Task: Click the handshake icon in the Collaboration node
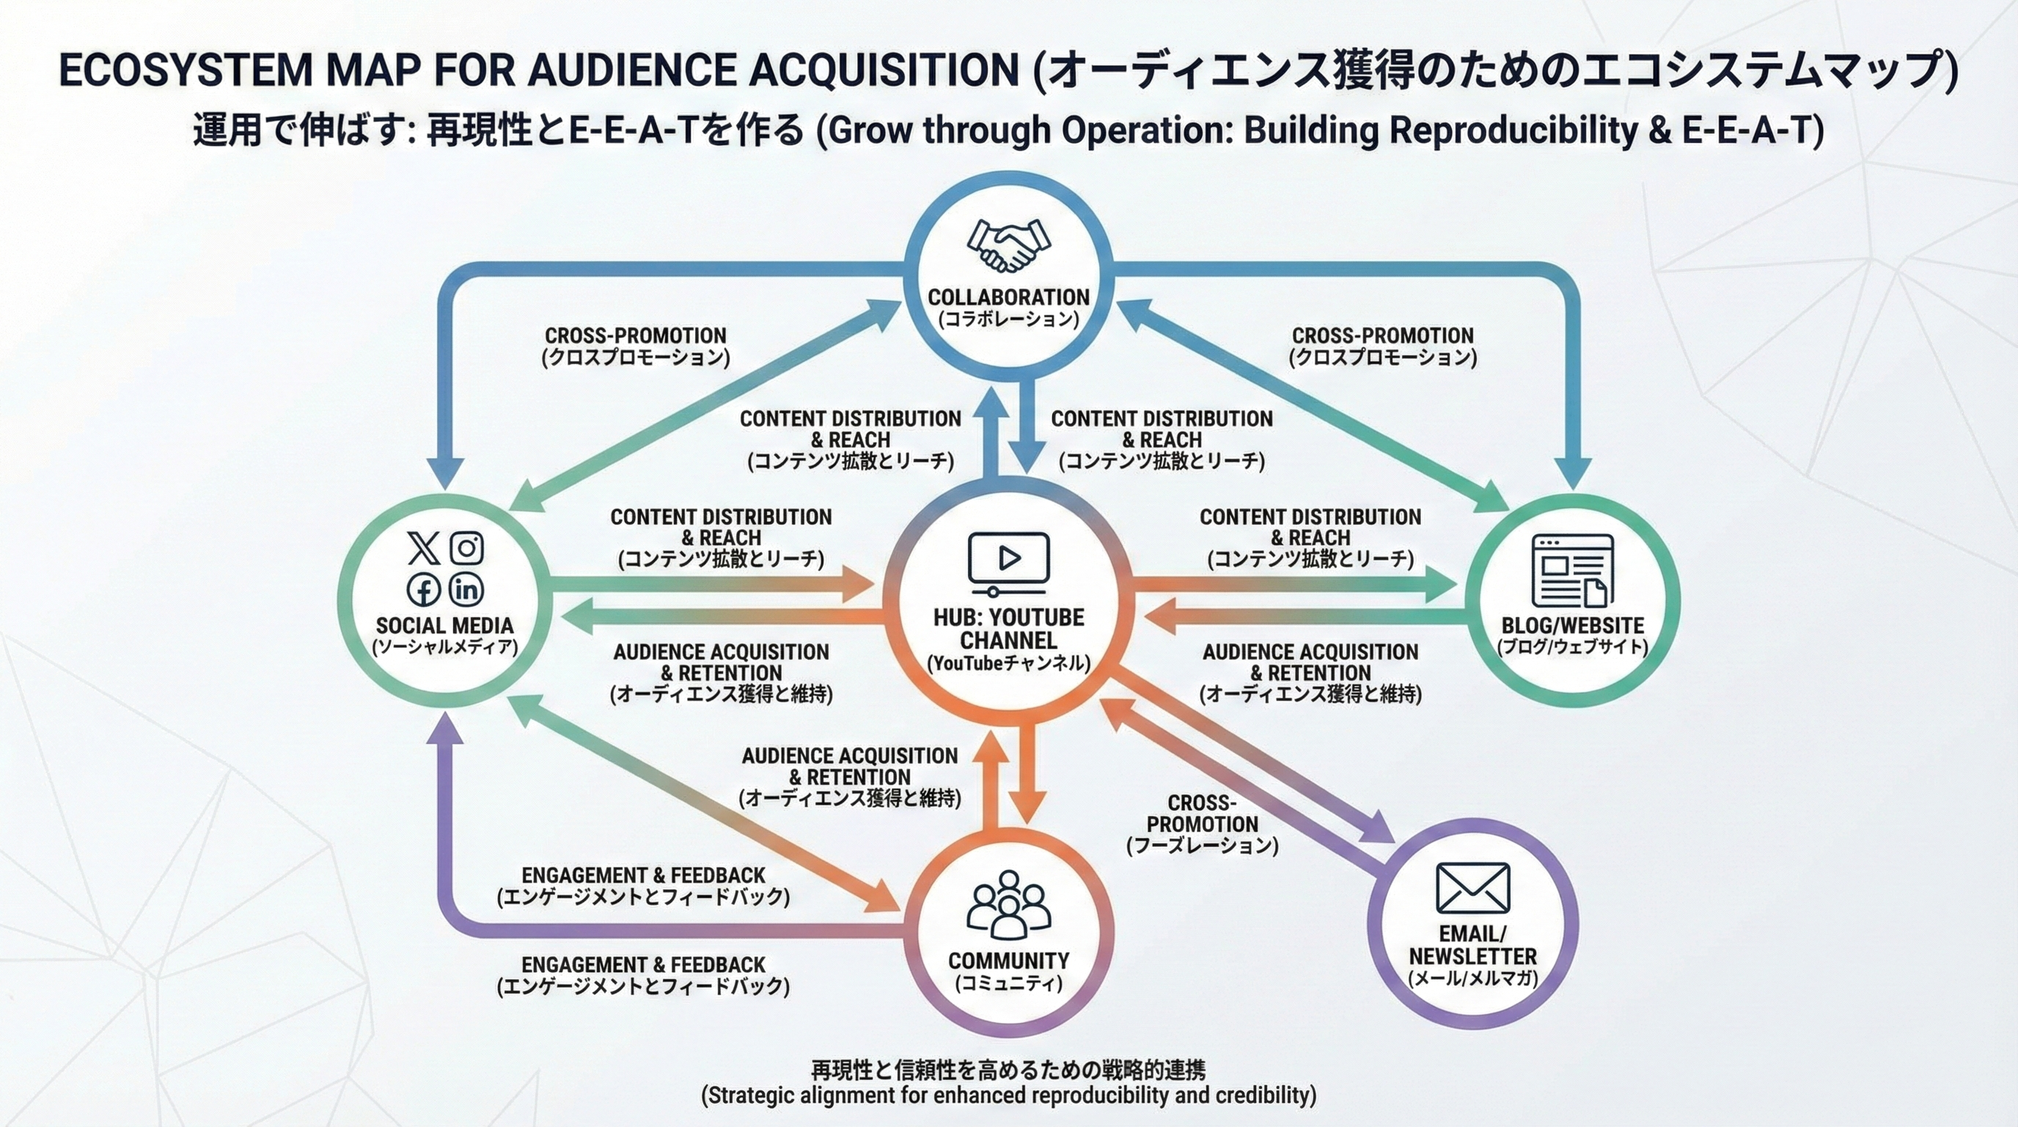point(1008,244)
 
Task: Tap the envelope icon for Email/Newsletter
point(1472,888)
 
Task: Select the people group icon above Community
point(1008,905)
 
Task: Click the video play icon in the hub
point(1008,562)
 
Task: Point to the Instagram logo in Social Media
point(467,547)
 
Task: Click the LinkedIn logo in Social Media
point(467,588)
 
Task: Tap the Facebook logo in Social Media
point(424,589)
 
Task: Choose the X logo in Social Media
point(424,547)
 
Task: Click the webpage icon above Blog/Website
point(1572,571)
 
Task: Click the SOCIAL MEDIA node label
point(444,625)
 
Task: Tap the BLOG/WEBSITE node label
point(1572,625)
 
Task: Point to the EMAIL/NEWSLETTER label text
point(1472,945)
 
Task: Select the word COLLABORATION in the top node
point(1008,297)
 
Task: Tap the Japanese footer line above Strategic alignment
point(1008,1069)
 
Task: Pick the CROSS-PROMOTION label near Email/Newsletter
point(1202,814)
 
